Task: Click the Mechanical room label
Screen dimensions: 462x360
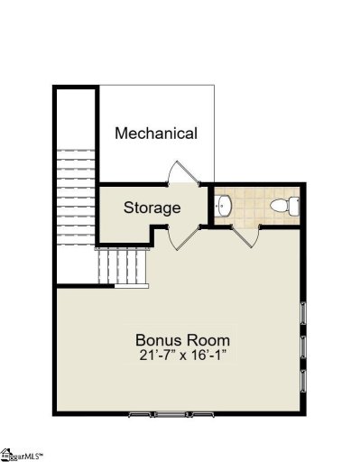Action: pos(156,134)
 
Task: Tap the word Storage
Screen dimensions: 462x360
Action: pos(152,208)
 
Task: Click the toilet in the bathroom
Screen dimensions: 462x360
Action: pos(283,207)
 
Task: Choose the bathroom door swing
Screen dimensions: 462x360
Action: pos(243,237)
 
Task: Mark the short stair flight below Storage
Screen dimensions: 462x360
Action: pos(122,265)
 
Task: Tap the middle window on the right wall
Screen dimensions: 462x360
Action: pos(303,348)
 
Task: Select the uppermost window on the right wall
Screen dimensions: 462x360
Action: pos(303,317)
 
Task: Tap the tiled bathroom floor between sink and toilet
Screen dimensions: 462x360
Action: pos(253,207)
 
